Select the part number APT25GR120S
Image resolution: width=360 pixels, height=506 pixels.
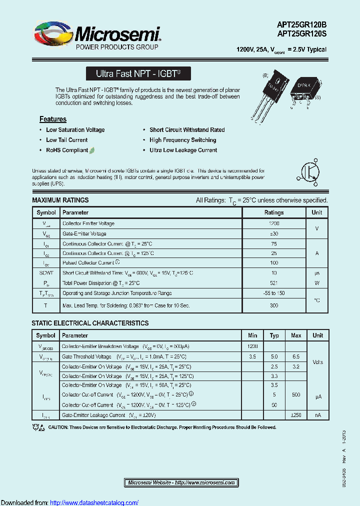click(x=301, y=34)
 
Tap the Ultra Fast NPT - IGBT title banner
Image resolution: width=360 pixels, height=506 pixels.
click(x=138, y=73)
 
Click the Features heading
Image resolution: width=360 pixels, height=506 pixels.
click(x=53, y=119)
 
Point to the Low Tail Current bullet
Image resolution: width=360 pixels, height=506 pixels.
click(x=66, y=140)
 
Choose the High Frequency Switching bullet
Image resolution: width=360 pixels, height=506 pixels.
click(x=182, y=140)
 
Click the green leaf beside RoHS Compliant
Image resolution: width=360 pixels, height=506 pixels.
click(x=92, y=150)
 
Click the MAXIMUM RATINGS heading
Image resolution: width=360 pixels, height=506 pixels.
click(x=60, y=200)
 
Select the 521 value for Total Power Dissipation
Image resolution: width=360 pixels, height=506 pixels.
click(x=274, y=283)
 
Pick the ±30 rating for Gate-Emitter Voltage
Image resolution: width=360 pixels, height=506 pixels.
click(x=274, y=233)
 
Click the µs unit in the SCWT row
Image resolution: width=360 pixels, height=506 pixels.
click(x=316, y=273)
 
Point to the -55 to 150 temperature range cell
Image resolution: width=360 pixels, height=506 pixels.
click(x=274, y=293)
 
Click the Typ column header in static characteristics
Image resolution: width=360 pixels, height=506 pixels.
click(x=274, y=335)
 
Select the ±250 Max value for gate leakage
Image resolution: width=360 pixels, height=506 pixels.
click(x=296, y=415)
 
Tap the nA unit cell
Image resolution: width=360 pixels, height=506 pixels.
click(x=317, y=415)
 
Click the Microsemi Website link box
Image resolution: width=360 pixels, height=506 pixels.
click(x=181, y=482)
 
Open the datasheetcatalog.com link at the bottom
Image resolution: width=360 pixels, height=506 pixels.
click(x=94, y=502)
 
